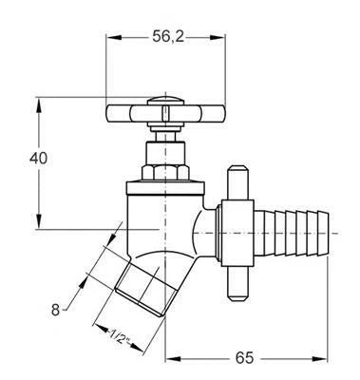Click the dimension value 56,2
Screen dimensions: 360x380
pos(168,37)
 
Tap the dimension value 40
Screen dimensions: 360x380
pos(38,159)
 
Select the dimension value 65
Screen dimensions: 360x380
pos(244,358)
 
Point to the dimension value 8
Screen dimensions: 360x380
pos(56,310)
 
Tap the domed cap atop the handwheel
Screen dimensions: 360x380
pos(165,101)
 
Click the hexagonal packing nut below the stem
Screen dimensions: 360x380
pos(165,172)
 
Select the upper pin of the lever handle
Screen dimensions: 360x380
pos(237,182)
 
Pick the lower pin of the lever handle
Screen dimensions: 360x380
pos(237,284)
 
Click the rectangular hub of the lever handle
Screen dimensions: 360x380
pos(237,233)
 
